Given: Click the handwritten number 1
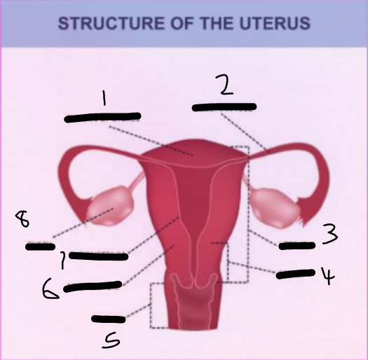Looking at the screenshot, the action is click(104, 98).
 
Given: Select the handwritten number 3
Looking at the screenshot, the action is click(330, 234).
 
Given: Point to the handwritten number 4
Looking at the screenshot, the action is click(329, 276).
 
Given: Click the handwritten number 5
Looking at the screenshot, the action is click(111, 340).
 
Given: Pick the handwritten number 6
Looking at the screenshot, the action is click(50, 289).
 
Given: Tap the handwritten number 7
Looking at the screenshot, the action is click(63, 260).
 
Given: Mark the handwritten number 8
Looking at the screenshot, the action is click(22, 219).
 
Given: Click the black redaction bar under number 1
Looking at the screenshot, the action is click(102, 117).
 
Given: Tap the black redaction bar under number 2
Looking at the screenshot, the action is click(224, 107).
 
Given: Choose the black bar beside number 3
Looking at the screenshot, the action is click(297, 246).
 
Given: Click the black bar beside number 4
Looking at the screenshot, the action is click(296, 274).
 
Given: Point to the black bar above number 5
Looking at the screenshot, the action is click(108, 319).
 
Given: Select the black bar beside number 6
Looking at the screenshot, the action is click(93, 286).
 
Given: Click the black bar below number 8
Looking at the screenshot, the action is click(41, 247).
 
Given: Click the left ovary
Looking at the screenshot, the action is click(110, 206).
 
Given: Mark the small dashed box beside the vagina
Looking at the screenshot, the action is click(150, 305).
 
